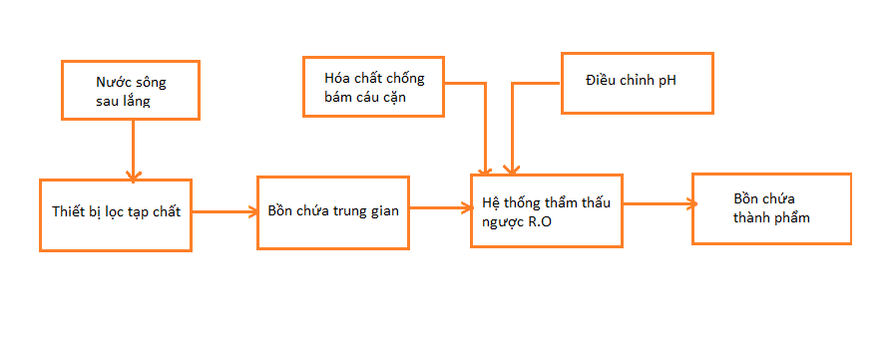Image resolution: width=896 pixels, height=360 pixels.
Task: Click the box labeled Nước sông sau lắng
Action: click(130, 91)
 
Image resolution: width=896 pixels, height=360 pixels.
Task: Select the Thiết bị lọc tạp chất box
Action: click(115, 214)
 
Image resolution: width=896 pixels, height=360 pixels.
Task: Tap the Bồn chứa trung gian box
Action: click(332, 211)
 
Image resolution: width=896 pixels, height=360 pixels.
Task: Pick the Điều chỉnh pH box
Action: click(637, 81)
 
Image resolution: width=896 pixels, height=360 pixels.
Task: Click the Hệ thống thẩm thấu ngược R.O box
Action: click(545, 210)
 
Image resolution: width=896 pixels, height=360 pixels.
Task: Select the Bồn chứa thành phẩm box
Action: click(770, 208)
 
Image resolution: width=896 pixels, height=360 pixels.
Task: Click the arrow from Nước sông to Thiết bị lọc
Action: click(132, 150)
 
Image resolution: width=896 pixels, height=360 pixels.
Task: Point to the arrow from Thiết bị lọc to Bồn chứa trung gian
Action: click(224, 211)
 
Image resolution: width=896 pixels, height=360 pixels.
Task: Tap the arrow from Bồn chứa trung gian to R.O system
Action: click(439, 207)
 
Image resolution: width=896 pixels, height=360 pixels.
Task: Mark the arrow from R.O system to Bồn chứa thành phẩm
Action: click(657, 204)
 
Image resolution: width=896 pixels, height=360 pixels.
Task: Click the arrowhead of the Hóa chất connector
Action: click(486, 171)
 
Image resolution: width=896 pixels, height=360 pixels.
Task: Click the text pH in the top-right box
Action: click(668, 79)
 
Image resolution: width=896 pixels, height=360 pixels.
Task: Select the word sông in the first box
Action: click(153, 83)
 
